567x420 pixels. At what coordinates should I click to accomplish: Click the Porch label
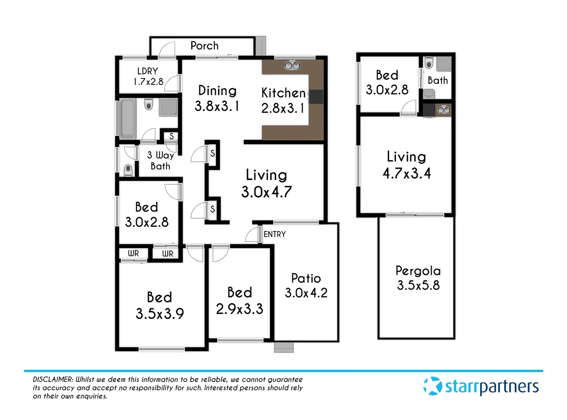click(204, 46)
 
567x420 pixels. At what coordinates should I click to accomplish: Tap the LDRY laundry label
click(148, 71)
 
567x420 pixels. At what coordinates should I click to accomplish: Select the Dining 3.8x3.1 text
click(217, 98)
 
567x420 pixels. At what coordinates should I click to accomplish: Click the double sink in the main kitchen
click(292, 65)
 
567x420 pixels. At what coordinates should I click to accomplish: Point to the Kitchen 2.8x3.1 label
click(283, 100)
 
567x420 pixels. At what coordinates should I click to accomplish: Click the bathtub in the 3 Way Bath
click(127, 119)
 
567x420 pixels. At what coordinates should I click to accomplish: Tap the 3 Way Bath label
click(160, 161)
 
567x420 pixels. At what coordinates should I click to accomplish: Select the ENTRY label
click(275, 234)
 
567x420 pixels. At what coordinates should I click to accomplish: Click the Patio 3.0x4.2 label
click(306, 285)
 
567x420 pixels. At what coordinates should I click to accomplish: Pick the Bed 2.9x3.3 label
click(239, 301)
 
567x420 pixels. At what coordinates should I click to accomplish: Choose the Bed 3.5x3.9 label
click(160, 305)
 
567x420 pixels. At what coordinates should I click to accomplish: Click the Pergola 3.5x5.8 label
click(418, 278)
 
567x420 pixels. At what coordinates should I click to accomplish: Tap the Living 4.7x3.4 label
click(407, 165)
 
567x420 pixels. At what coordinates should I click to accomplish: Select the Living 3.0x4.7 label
click(266, 183)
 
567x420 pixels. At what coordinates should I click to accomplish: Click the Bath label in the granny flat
click(438, 80)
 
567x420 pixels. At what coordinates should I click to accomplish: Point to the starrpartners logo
click(481, 386)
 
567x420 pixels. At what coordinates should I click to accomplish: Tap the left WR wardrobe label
click(133, 254)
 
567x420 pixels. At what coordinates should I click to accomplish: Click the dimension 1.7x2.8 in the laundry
click(148, 82)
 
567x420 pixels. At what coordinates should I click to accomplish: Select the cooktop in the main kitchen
click(316, 97)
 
